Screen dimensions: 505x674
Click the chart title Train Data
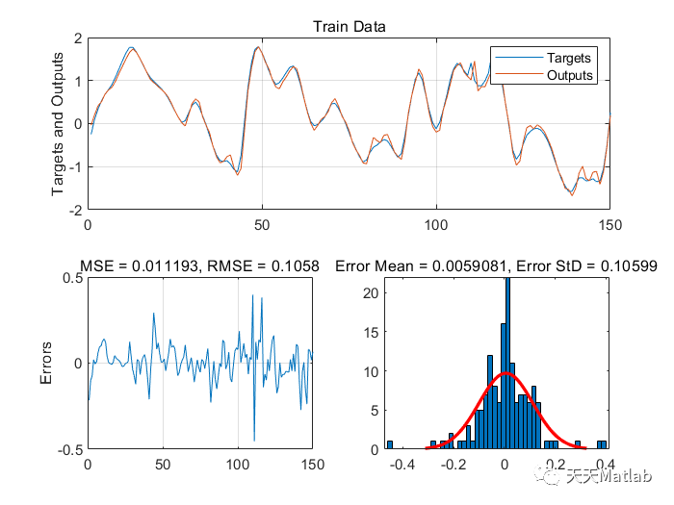coord(349,26)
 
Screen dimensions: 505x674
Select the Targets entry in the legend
coord(569,58)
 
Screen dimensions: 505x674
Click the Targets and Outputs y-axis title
coord(59,123)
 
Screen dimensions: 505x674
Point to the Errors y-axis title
coord(46,364)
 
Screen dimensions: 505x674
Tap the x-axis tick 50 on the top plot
coord(262,223)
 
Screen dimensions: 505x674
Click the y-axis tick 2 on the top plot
coord(77,38)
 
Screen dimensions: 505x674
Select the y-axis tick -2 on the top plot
coord(74,209)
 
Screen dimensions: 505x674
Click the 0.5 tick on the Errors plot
coord(70,278)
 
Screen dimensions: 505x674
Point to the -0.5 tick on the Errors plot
coord(68,449)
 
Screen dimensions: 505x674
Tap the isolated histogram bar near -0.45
coord(390,444)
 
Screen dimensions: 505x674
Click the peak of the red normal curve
coord(504,373)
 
